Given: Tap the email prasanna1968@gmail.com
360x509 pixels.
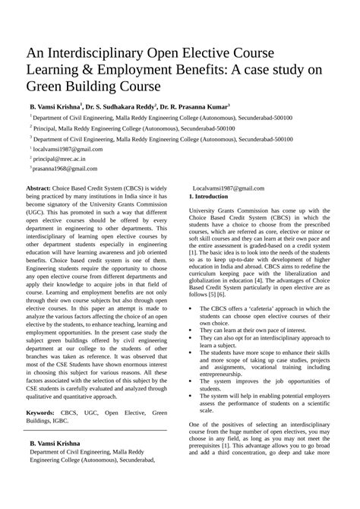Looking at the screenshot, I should pyautogui.click(x=65, y=171).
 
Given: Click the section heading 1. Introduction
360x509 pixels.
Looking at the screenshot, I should pyautogui.click(x=213, y=197).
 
